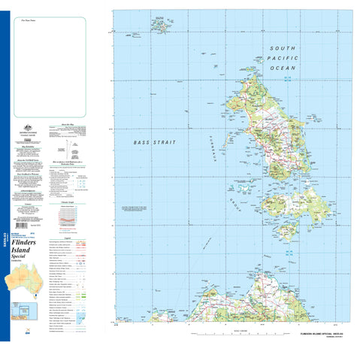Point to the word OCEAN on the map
pos(283,68)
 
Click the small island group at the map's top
pos(159,26)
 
